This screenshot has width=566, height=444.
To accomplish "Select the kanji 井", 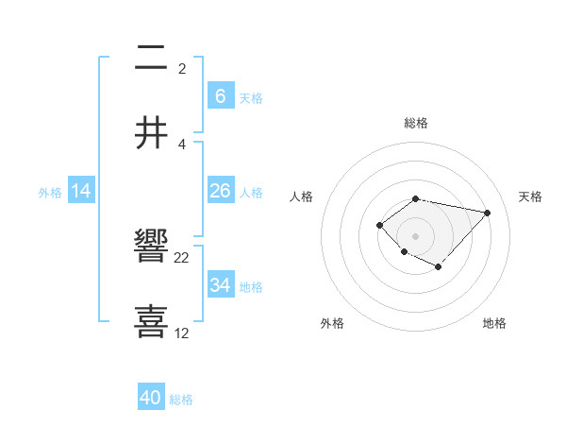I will click(152, 132).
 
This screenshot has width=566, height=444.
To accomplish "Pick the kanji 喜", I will click(152, 320).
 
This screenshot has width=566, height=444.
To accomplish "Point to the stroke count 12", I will click(182, 333).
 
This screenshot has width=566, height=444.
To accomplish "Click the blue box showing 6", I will click(221, 95).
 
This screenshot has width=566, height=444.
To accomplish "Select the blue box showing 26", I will click(221, 191).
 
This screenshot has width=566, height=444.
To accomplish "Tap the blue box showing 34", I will click(221, 284).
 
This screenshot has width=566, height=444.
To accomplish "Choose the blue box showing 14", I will click(81, 191).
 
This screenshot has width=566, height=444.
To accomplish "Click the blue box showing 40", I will click(151, 398).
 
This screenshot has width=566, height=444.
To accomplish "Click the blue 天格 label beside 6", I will click(251, 97).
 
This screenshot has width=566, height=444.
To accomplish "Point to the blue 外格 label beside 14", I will click(50, 192).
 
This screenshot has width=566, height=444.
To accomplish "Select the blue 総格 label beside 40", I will click(181, 400).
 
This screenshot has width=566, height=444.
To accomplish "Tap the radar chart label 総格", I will click(416, 123).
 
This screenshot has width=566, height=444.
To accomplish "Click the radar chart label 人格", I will click(302, 196).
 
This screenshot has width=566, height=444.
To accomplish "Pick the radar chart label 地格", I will click(494, 323).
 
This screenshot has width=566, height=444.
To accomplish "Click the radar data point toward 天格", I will click(487, 213).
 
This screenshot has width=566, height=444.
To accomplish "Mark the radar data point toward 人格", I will click(379, 225).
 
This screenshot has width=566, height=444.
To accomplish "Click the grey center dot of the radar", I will click(416, 235).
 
